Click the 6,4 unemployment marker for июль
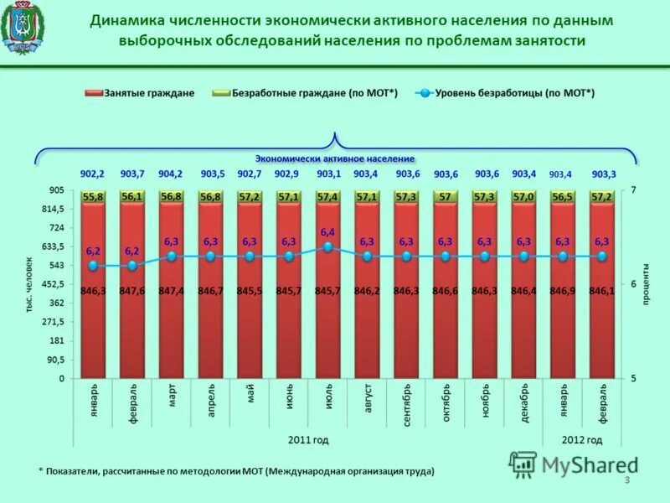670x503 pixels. click(327, 247)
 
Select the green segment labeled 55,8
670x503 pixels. click(93, 196)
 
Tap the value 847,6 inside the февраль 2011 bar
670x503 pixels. click(132, 290)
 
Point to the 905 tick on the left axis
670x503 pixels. click(54, 189)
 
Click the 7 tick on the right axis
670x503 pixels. click(633, 190)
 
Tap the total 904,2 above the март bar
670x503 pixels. click(171, 174)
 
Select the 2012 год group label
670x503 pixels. click(581, 439)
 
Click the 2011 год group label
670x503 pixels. click(308, 439)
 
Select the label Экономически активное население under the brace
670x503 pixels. click(335, 158)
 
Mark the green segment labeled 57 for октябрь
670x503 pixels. click(445, 196)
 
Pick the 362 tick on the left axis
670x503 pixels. click(56, 303)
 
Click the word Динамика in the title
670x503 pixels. click(126, 19)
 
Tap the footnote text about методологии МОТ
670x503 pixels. click(236, 471)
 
